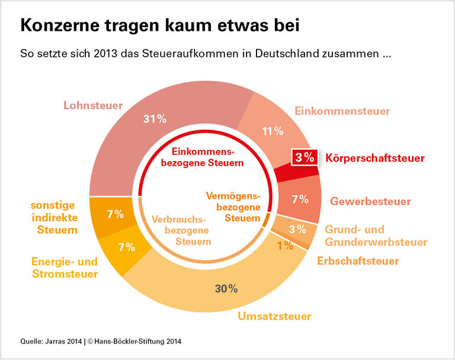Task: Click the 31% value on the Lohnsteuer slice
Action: pyautogui.click(x=154, y=119)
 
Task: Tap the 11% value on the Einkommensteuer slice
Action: pyautogui.click(x=273, y=131)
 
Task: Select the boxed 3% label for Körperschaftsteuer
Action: pyautogui.click(x=305, y=157)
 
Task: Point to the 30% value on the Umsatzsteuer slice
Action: pyautogui.click(x=226, y=288)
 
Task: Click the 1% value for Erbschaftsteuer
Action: pyautogui.click(x=286, y=245)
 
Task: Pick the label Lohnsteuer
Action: pyautogui.click(x=93, y=106)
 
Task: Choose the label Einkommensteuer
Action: pyautogui.click(x=342, y=111)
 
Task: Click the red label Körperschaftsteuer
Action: pyautogui.click(x=374, y=158)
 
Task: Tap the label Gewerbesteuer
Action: pyautogui.click(x=370, y=201)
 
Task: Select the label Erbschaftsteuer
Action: pyautogui.click(x=358, y=261)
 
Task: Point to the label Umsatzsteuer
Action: pyautogui.click(x=274, y=316)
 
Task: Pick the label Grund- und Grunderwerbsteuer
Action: pyautogui.click(x=376, y=236)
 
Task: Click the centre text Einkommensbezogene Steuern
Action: pyautogui.click(x=204, y=156)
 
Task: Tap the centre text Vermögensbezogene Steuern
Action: pyautogui.click(x=233, y=207)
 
